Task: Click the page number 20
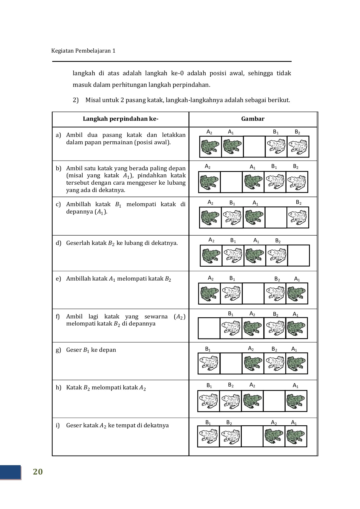point(38,472)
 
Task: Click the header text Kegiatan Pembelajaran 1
point(83,51)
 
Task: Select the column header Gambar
point(253,119)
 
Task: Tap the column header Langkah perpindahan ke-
point(120,119)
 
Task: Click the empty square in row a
point(254,146)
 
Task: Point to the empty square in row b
point(231,182)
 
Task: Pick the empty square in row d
point(298,255)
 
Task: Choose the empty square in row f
point(209,328)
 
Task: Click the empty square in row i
point(252,436)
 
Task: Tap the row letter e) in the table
point(59,279)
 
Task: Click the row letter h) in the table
point(59,387)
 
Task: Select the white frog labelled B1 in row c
point(232,217)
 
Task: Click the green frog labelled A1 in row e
point(297,293)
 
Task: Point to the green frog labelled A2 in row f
point(253,328)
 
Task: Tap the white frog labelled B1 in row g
point(209,363)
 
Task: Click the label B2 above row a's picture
point(297,132)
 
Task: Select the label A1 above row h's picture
point(296,385)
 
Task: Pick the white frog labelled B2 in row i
point(230,436)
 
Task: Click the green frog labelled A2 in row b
point(209,182)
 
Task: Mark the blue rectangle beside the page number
point(10,472)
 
